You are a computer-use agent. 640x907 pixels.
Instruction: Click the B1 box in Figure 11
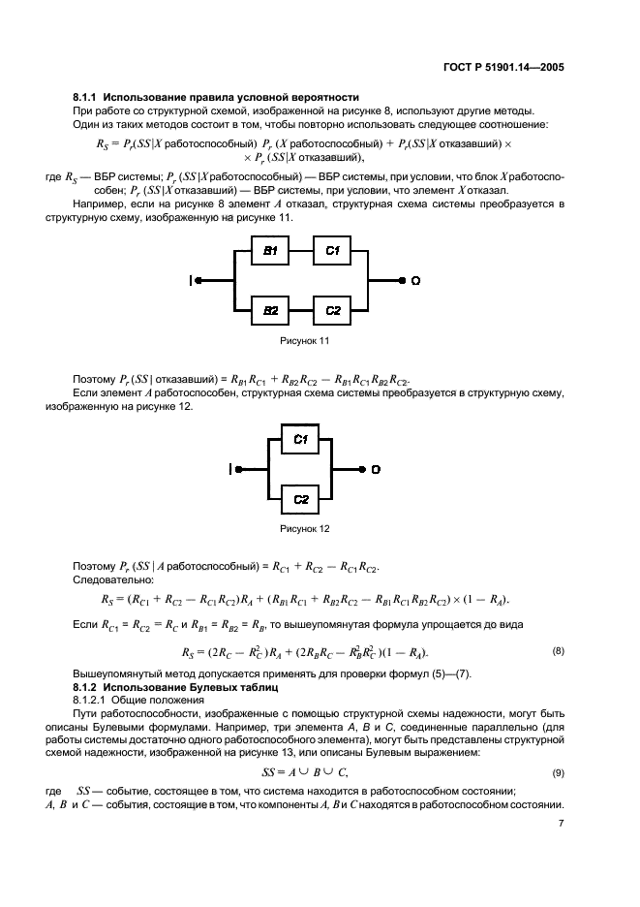pos(271,251)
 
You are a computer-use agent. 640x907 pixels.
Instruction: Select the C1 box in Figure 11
pos(333,251)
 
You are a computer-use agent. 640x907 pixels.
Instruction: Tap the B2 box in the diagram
pos(271,310)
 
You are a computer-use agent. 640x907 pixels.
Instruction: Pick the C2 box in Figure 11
pos(333,310)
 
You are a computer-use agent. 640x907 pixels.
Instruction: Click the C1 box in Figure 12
pos(300,439)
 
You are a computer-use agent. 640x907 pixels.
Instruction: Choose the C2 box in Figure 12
pos(300,499)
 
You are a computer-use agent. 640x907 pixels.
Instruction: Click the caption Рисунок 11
pos(304,341)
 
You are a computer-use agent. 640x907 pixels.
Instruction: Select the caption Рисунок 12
pos(304,529)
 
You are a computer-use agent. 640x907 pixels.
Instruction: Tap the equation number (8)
pos(558,651)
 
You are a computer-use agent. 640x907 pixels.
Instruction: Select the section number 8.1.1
pos(87,97)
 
